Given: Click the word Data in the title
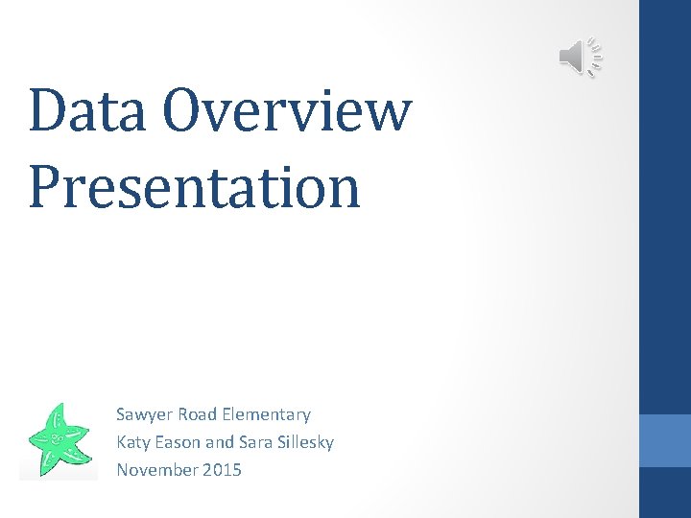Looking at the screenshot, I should click(88, 111).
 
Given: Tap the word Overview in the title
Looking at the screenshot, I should click(286, 111).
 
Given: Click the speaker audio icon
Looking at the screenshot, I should click(580, 58).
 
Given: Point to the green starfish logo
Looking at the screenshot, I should click(59, 441).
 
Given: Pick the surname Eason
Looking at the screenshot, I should click(179, 442).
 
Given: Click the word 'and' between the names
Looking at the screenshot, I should click(220, 442).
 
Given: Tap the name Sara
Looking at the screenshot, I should click(255, 442).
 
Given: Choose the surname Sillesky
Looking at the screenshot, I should click(306, 443).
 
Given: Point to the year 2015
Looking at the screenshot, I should click(222, 470).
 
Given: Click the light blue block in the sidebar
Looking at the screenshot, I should click(665, 440).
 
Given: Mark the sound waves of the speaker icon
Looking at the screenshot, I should click(595, 58).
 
